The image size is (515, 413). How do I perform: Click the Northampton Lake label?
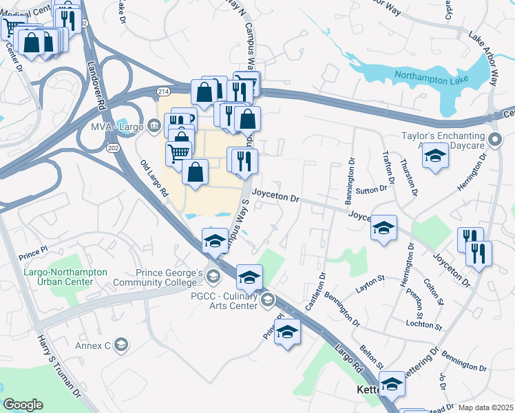coord(432,78)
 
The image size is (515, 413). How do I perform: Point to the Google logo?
coord(23,405)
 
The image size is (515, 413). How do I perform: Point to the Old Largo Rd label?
coord(154,179)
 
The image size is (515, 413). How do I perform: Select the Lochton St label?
coord(423,324)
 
